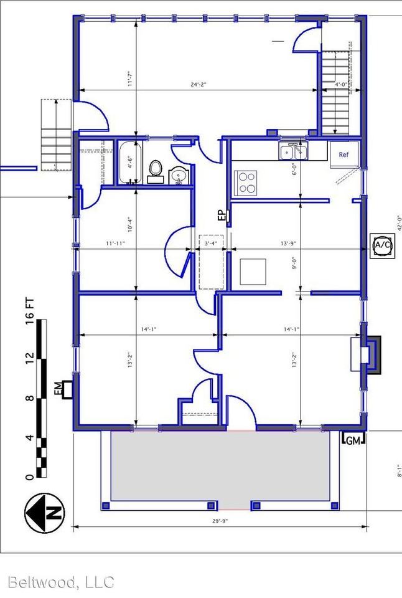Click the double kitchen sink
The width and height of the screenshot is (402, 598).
[x=294, y=151]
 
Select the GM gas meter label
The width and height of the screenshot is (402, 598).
[x=353, y=440]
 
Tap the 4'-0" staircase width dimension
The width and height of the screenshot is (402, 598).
[x=340, y=84]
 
